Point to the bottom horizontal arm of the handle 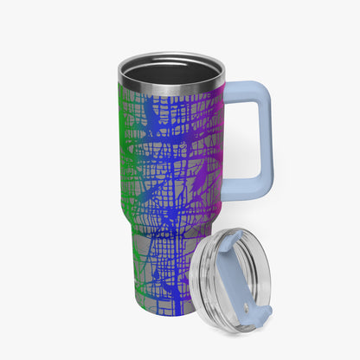pos(244,184)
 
